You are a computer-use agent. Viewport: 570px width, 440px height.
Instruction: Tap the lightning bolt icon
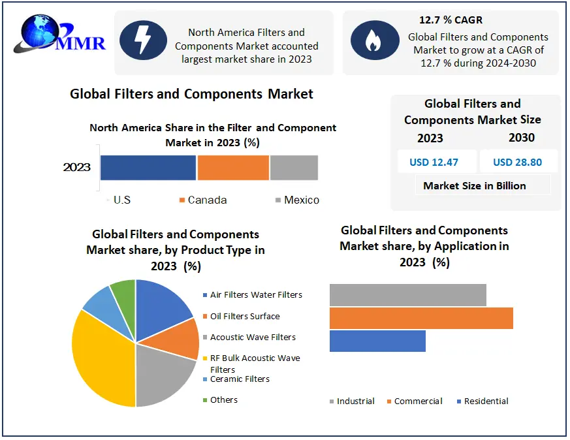click(x=144, y=40)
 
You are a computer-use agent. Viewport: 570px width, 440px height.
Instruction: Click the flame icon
click(x=375, y=40)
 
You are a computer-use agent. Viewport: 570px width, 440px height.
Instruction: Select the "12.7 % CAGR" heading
click(x=451, y=20)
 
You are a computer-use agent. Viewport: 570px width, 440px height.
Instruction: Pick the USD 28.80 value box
click(x=518, y=162)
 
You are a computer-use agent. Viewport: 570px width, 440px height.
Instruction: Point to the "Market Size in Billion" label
click(x=475, y=185)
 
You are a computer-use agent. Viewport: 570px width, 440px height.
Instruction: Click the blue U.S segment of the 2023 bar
click(x=148, y=168)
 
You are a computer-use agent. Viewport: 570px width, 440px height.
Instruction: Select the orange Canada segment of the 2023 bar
click(x=233, y=168)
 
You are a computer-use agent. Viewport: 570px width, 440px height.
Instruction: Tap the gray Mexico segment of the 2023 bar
click(x=294, y=168)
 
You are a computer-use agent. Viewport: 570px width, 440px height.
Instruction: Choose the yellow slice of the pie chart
click(x=101, y=359)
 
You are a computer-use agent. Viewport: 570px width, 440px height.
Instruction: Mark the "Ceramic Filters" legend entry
click(x=239, y=379)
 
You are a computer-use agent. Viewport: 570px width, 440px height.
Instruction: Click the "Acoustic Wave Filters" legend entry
click(x=252, y=337)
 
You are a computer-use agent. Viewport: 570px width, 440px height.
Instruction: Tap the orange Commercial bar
click(x=421, y=318)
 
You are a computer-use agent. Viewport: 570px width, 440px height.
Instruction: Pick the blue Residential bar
click(x=377, y=341)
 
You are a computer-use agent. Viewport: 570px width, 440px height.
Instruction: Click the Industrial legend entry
click(x=352, y=401)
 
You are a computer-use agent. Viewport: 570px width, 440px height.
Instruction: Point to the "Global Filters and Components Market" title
click(x=191, y=94)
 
